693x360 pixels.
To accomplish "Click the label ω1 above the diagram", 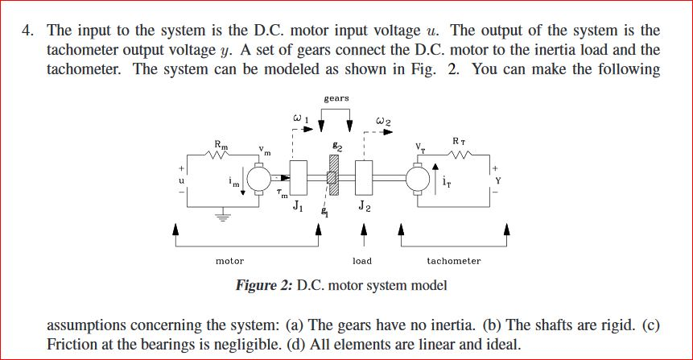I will coord(298,120).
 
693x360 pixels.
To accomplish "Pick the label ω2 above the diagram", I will coord(383,121).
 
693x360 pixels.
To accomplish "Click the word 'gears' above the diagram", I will coord(336,98).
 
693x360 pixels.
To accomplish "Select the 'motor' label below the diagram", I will coord(230,261).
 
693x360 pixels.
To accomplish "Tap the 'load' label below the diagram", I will coord(362,261).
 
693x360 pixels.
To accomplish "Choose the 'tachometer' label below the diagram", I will coord(454,261).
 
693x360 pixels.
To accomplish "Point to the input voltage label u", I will coord(183,181).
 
